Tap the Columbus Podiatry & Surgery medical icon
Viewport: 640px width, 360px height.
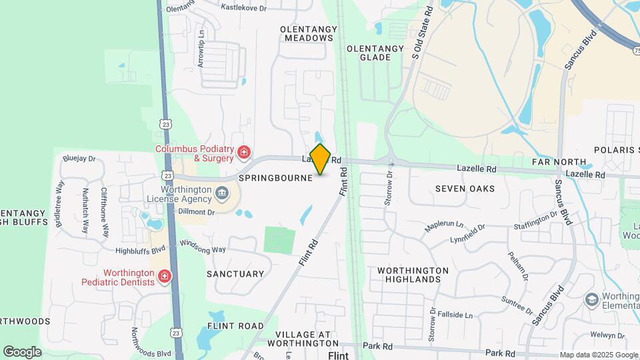pyautogui.click(x=244, y=153)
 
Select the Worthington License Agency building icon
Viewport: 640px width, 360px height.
pyautogui.click(x=223, y=195)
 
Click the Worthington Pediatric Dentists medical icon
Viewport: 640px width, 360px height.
pyautogui.click(x=164, y=277)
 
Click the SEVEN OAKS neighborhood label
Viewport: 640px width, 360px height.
pyautogui.click(x=465, y=189)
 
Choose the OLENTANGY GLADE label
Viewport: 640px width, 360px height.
pyautogui.click(x=375, y=53)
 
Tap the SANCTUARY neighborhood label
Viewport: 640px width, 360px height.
pyautogui.click(x=235, y=274)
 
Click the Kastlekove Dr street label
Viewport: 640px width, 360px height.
pyautogui.click(x=244, y=8)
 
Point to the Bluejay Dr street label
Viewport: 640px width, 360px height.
pyautogui.click(x=79, y=159)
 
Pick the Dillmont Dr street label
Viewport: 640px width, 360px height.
pyautogui.click(x=197, y=212)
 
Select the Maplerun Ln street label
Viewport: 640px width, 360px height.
pyautogui.click(x=444, y=225)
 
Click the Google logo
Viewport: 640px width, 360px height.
pyautogui.click(x=22, y=351)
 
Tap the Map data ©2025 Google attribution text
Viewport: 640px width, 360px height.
pyautogui.click(x=598, y=355)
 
